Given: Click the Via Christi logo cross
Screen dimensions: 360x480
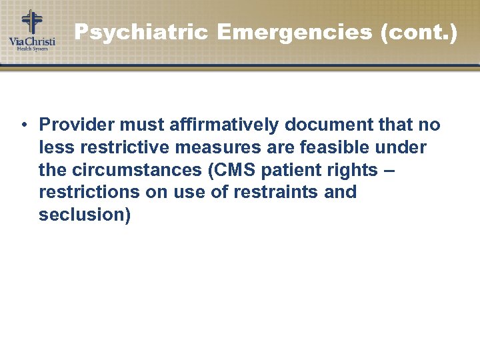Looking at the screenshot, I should [31, 21].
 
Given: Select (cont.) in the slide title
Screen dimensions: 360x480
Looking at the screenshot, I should [418, 32].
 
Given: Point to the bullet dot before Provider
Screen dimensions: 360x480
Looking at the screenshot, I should [23, 125].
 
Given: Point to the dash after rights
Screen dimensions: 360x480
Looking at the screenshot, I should [390, 170].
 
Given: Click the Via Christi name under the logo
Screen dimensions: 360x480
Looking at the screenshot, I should [31, 41].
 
